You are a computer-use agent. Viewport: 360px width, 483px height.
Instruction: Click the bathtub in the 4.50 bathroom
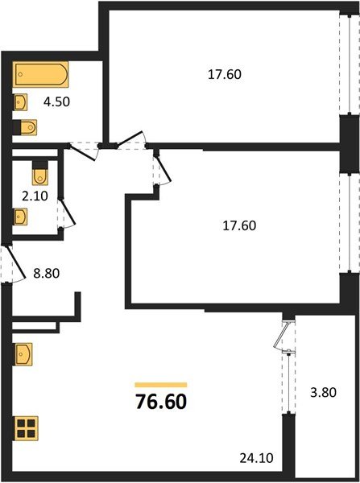41,76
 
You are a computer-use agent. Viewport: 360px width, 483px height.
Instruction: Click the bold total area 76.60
160,400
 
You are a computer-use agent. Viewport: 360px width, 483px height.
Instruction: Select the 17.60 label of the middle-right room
239,225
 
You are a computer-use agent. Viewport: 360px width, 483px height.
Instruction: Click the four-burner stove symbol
27,427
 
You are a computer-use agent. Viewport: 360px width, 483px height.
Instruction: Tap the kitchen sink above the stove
23,353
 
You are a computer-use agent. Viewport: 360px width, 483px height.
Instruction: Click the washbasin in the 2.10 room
22,217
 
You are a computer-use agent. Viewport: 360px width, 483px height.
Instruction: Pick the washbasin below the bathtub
22,102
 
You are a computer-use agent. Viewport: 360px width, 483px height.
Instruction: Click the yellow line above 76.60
160,385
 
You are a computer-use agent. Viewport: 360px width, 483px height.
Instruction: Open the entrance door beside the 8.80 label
8,266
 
